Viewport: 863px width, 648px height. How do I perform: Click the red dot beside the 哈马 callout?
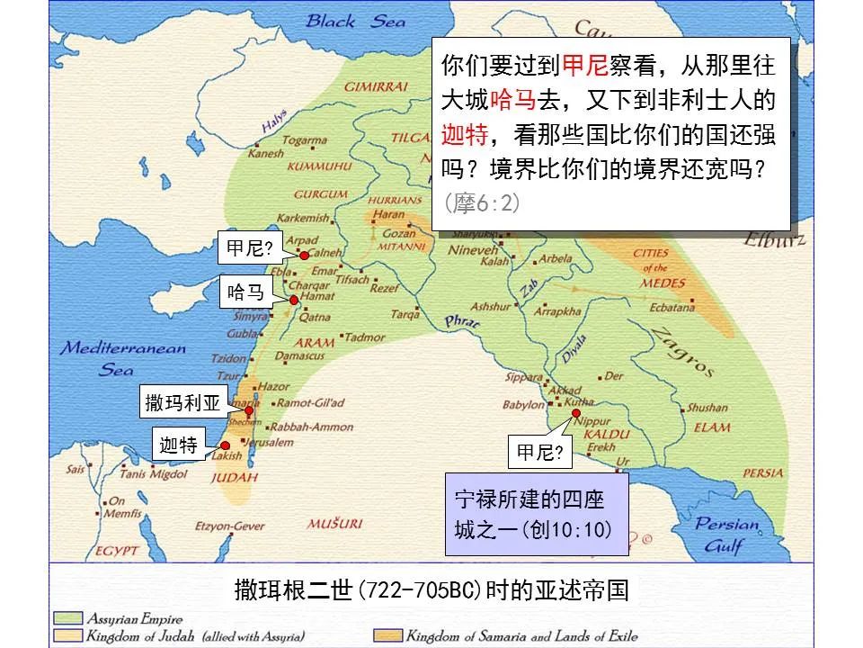(294, 299)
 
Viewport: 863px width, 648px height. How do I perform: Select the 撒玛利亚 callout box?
(182, 403)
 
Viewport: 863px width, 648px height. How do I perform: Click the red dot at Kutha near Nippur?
(575, 413)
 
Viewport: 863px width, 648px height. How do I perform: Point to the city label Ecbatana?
(672, 308)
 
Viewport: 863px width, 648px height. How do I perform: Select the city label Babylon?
(523, 405)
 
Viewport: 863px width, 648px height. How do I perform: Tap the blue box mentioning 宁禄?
(536, 517)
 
